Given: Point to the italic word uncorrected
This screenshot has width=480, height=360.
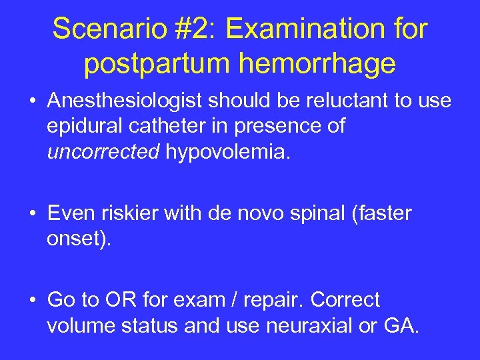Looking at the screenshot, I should (103, 152).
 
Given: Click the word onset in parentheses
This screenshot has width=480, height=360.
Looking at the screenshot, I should (74, 239).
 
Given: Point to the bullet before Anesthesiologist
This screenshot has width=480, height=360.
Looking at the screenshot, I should (33, 102).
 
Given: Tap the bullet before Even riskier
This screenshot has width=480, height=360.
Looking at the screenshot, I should (33, 214).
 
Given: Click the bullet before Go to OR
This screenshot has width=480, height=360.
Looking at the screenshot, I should (33, 301).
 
